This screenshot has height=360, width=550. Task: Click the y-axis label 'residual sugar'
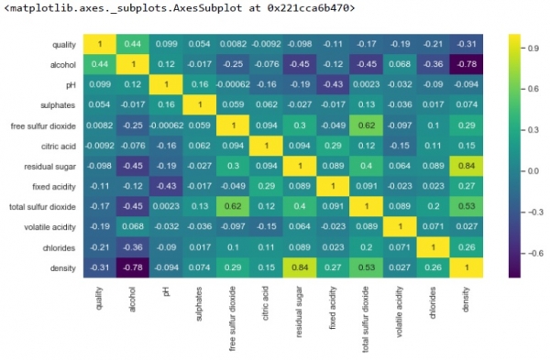(x=51, y=166)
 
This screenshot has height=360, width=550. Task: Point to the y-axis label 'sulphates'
(x=60, y=105)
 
